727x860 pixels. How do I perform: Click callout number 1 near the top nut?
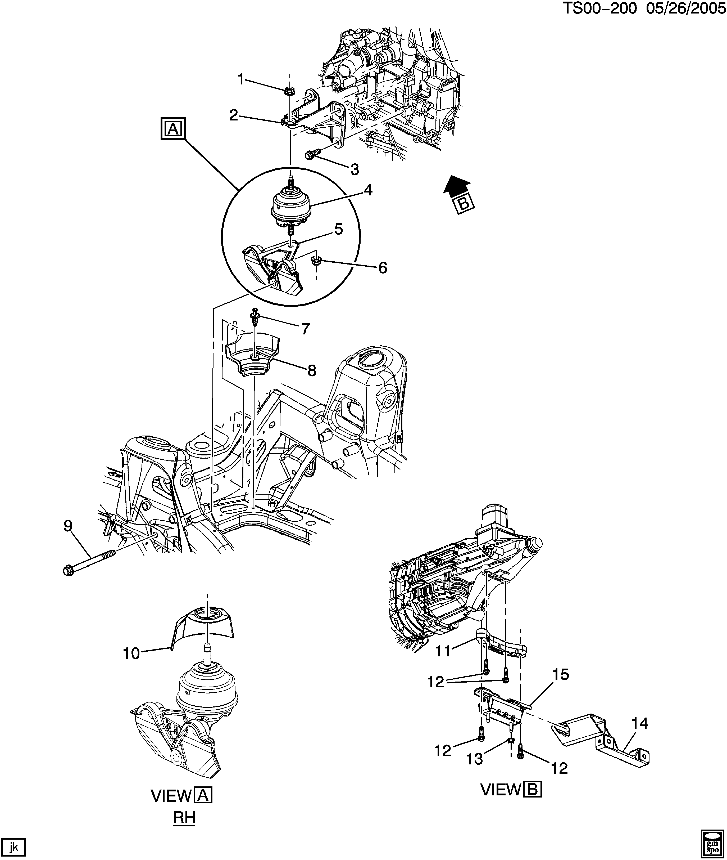click(x=241, y=79)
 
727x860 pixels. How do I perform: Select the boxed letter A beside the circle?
click(x=173, y=129)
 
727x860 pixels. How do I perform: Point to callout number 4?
click(x=368, y=191)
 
